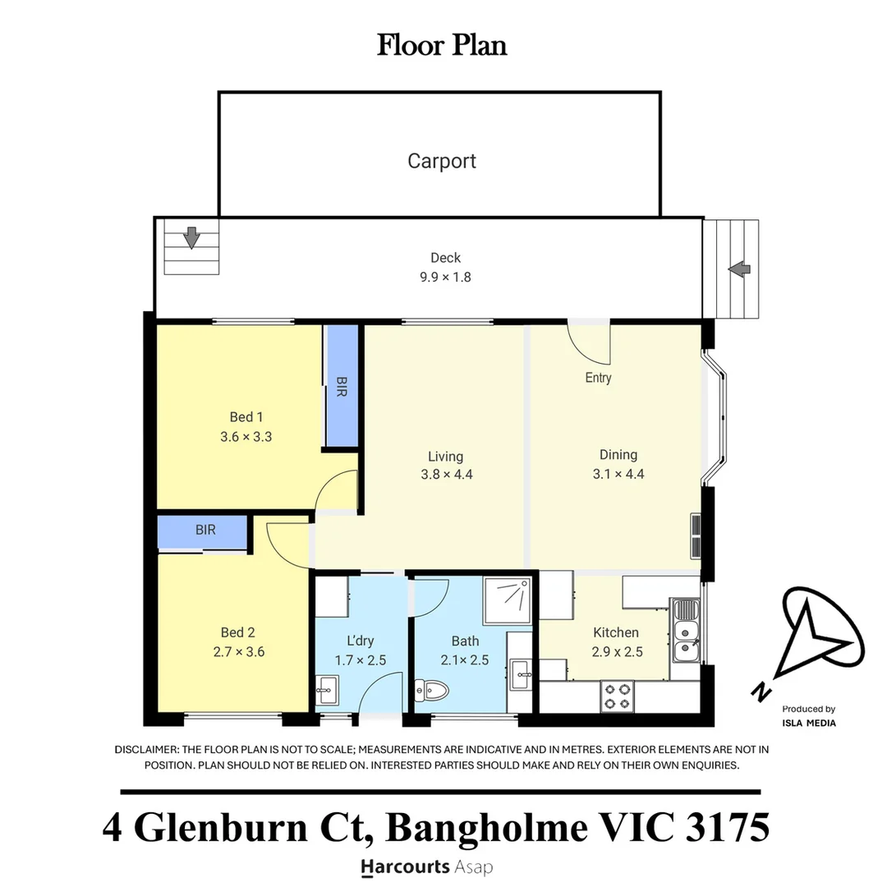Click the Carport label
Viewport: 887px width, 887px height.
coord(442,161)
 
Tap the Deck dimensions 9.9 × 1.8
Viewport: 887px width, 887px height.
coord(445,278)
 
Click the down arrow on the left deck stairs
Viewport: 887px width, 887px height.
coord(191,237)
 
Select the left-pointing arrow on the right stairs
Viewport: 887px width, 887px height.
coord(739,269)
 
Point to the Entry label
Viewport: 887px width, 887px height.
coord(598,377)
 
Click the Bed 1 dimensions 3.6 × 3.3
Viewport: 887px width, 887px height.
coord(246,437)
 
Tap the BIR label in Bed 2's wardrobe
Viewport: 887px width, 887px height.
coord(205,530)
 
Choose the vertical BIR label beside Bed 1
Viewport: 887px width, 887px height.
coord(341,387)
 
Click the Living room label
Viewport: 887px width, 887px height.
coord(445,457)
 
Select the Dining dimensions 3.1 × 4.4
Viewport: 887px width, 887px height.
coord(618,474)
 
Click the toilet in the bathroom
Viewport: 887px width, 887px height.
coord(431,690)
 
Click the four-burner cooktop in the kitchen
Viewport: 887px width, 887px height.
coord(617,696)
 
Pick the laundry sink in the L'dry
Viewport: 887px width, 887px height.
coord(327,690)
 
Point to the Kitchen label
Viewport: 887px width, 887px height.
coord(616,632)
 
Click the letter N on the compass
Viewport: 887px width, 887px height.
coord(761,692)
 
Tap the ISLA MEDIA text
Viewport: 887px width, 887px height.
coord(809,723)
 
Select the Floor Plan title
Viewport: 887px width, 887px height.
coord(442,45)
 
